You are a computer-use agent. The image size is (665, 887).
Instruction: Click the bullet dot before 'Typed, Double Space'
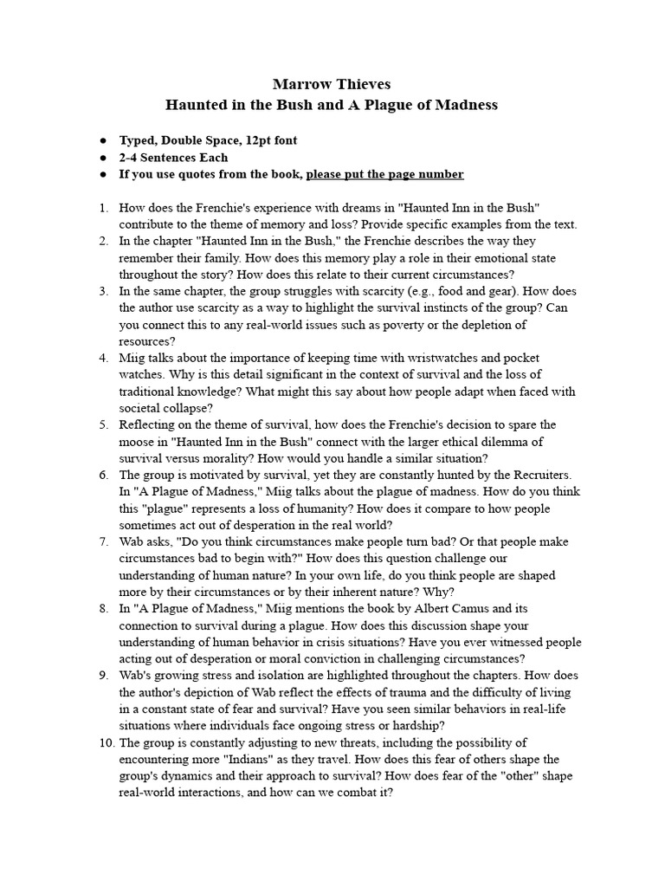click(103, 140)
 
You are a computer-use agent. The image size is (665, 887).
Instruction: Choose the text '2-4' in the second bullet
click(131, 158)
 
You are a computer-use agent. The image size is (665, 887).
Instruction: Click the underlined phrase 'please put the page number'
click(384, 174)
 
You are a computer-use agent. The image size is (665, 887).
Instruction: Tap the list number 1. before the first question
click(103, 208)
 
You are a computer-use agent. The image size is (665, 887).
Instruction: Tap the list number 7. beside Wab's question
click(103, 542)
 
